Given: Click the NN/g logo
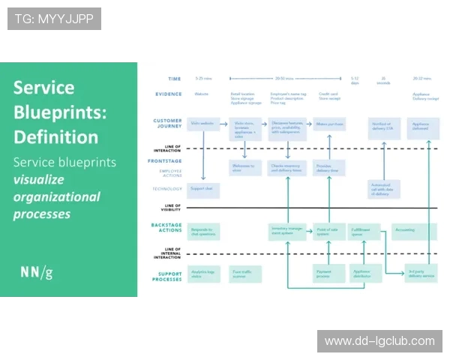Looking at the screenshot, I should tap(36, 271).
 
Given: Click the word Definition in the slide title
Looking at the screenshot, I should tap(55, 137).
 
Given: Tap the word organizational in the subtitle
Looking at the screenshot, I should tap(56, 196).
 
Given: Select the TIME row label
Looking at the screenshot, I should tap(174, 78).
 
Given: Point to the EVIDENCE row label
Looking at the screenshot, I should tap(169, 94).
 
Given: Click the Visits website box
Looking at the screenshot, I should tap(203, 124).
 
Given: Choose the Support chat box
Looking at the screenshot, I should tap(203, 190).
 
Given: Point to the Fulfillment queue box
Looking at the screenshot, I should tap(364, 232).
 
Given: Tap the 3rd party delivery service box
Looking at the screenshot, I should tap(421, 274).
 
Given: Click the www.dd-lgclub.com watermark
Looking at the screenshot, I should tap(379, 341).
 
